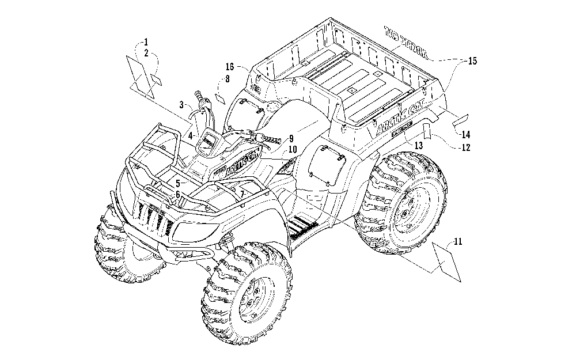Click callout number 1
[x=146, y=41]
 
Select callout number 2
[x=146, y=52]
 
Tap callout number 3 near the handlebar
[x=181, y=105]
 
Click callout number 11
[x=457, y=241]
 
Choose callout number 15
[x=472, y=60]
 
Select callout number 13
[x=419, y=146]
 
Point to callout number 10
[x=293, y=149]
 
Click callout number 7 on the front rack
[x=244, y=191]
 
